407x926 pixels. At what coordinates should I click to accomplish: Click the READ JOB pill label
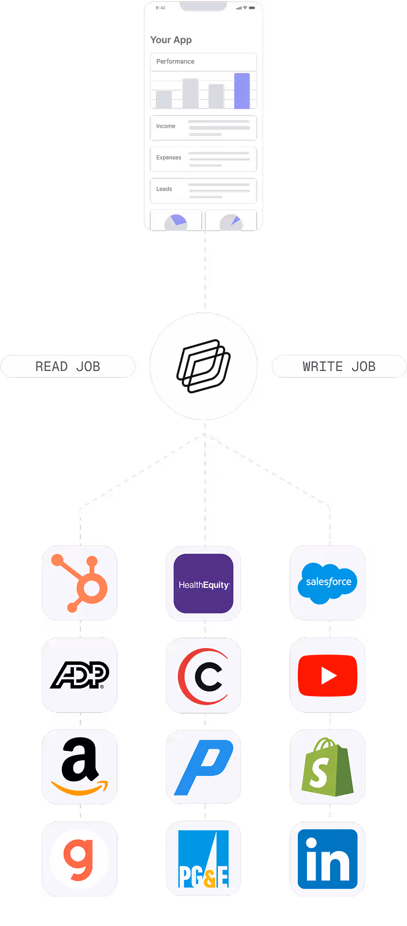click(68, 366)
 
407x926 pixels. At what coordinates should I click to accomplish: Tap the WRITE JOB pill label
click(339, 366)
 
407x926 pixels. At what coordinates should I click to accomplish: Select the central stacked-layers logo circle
click(203, 366)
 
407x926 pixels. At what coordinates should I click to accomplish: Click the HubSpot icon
click(79, 582)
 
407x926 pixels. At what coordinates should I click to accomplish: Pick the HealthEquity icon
click(203, 583)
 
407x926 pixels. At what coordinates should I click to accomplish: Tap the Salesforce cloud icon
click(328, 582)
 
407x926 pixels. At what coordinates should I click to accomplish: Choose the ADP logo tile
click(79, 675)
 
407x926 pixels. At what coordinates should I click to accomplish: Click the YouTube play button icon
click(328, 675)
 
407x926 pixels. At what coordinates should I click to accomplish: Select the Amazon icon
click(79, 767)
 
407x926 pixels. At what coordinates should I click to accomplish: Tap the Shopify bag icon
click(328, 767)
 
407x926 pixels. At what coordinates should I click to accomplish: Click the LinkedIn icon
click(328, 859)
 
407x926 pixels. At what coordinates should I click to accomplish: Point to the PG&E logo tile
click(203, 859)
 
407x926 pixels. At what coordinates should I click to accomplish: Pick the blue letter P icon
click(203, 767)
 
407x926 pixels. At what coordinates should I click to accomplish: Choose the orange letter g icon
click(79, 859)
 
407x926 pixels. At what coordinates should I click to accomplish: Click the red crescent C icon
click(203, 676)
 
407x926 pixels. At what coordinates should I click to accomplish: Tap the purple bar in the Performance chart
click(242, 91)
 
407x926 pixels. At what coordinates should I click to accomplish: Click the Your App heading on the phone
click(171, 40)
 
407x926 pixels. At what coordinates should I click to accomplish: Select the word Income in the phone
click(166, 126)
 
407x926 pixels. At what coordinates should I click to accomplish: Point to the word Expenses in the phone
click(169, 157)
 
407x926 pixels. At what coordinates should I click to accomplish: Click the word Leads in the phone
click(164, 189)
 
